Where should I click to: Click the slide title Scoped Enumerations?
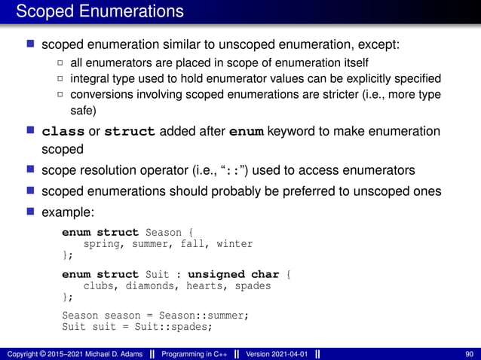100,11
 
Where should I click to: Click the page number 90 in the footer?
470,354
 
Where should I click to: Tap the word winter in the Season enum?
234,244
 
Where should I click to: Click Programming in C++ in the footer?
193,354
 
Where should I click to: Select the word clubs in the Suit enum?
99,286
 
